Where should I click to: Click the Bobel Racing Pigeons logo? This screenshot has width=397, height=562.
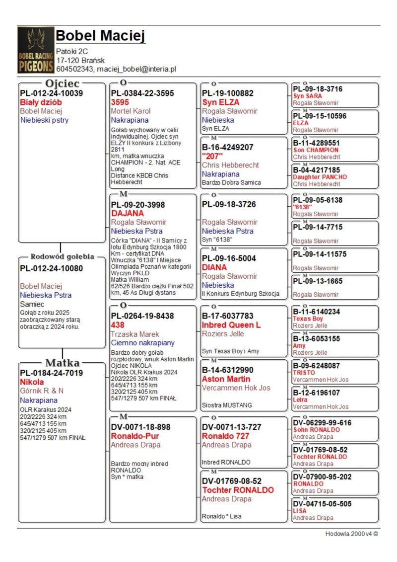tap(36, 50)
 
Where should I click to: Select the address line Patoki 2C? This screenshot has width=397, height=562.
tap(72, 51)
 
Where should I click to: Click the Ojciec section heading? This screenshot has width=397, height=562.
tap(62, 83)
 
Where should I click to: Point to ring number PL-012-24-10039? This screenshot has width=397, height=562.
tap(51, 93)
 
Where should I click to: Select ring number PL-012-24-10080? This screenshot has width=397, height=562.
tap(51, 268)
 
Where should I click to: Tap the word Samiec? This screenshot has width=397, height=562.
tap(32, 304)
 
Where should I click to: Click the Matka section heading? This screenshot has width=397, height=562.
tap(63, 362)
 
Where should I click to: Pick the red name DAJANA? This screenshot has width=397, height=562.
tap(128, 213)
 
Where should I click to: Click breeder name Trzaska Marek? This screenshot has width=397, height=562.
tap(134, 333)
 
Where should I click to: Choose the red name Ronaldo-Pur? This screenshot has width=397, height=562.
tap(135, 436)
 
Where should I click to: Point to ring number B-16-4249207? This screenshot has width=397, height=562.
tap(228, 147)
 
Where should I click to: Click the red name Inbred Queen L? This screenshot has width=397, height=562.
tap(231, 324)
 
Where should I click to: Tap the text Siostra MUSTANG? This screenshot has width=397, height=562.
tap(227, 405)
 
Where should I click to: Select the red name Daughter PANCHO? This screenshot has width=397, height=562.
tap(320, 177)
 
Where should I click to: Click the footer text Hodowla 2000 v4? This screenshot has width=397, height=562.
tap(351, 534)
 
